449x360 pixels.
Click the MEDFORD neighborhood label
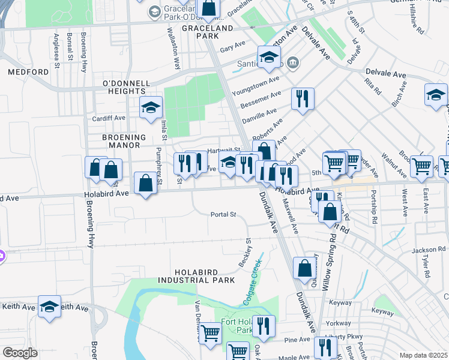click(28, 72)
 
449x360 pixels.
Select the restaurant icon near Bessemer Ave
click(303, 98)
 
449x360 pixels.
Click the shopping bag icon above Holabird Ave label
click(145, 183)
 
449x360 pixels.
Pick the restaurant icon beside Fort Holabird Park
click(264, 326)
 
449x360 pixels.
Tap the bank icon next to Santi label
click(292, 62)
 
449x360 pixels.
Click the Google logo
click(20, 353)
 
